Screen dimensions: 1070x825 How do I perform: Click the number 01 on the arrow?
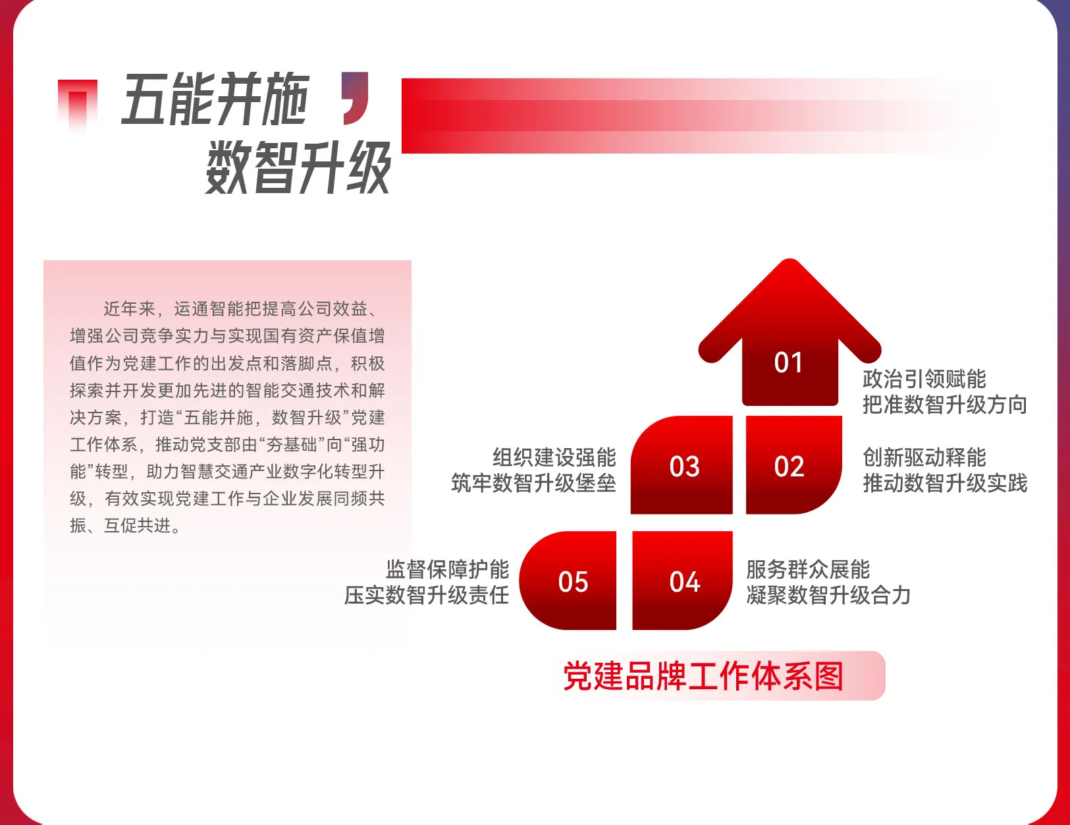[x=788, y=362]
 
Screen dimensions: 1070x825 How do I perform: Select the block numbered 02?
[x=793, y=465]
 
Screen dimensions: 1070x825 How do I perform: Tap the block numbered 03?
[x=682, y=465]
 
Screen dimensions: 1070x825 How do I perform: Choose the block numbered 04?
[x=682, y=581]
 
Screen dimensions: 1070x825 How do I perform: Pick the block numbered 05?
[x=568, y=581]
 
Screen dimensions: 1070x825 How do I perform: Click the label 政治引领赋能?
[x=924, y=380]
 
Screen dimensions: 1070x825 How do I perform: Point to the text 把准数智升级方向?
[x=945, y=405]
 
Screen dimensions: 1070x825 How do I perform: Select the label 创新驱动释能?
[x=924, y=457]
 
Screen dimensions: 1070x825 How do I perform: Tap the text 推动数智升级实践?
[x=945, y=483]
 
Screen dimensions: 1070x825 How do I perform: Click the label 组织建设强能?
[x=554, y=457]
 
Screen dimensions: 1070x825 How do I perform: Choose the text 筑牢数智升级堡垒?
[x=534, y=483]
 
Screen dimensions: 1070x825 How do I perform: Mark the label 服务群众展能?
[x=808, y=570]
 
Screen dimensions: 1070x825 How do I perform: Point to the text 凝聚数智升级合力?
[x=829, y=596]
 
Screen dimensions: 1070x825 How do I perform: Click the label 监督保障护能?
[x=447, y=570]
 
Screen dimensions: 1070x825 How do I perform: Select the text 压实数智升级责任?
[x=427, y=596]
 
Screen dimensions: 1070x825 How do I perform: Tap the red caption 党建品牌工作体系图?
[x=703, y=676]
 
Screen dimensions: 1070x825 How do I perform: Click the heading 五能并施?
[x=216, y=98]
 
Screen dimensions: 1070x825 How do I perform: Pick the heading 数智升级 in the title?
[x=298, y=167]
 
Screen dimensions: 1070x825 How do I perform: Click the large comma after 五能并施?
[x=356, y=98]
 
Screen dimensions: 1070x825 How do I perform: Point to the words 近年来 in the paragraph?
[x=130, y=309]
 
